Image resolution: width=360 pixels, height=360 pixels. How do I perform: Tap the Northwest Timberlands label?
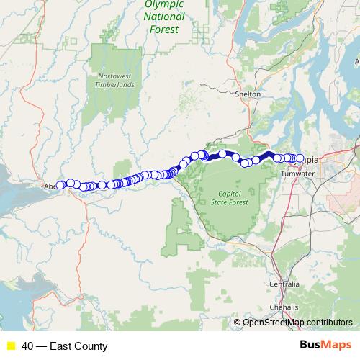(x=117, y=79)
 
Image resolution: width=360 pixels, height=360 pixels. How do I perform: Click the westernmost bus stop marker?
(x=61, y=184)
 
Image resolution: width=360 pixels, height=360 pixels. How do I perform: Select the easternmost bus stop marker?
(x=299, y=158)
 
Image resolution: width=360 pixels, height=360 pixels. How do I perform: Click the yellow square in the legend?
(x=11, y=346)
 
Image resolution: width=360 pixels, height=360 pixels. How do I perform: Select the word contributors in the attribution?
(x=328, y=323)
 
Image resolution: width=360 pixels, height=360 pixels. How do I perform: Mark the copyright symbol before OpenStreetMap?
(x=238, y=323)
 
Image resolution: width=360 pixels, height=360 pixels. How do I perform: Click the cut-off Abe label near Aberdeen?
(x=51, y=186)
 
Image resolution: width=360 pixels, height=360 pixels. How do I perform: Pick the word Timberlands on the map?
(x=117, y=84)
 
